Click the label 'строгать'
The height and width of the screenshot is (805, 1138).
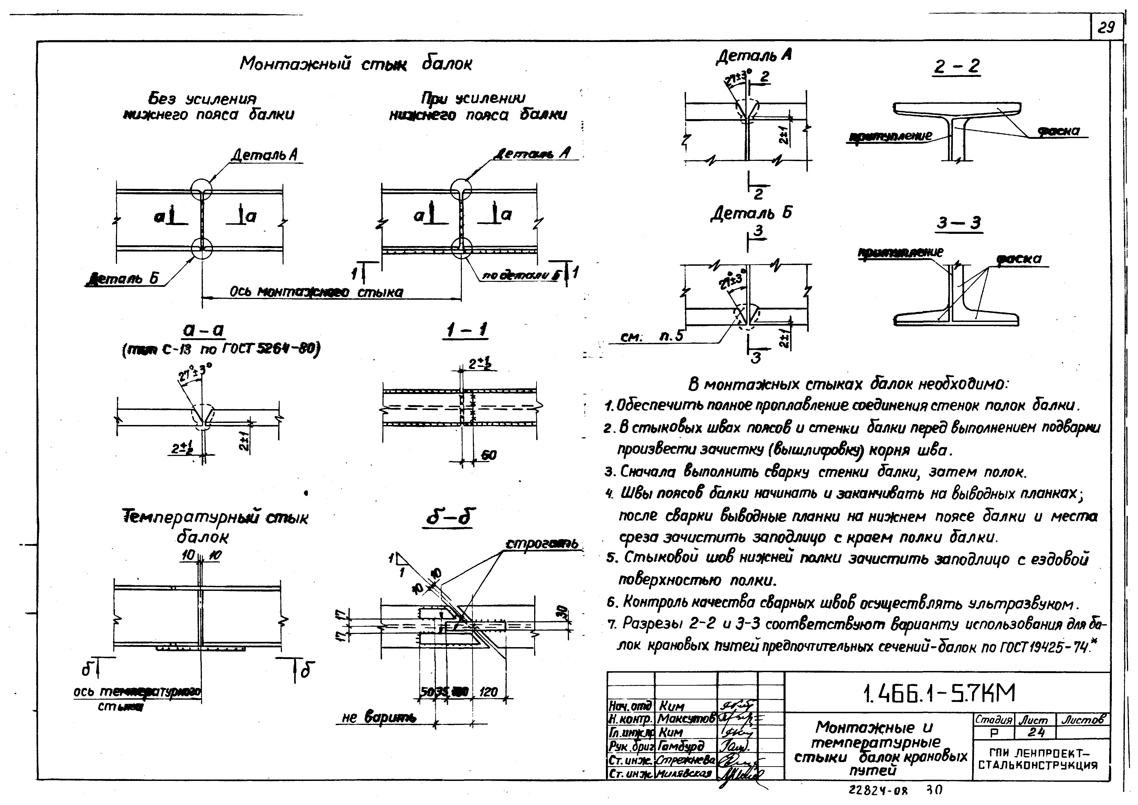click(x=541, y=544)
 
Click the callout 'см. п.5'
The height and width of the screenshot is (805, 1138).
click(x=652, y=337)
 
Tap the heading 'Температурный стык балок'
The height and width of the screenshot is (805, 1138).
click(x=215, y=526)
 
